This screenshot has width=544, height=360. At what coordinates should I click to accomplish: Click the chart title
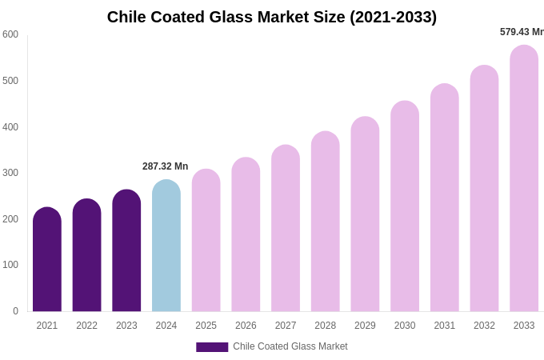[x=272, y=17]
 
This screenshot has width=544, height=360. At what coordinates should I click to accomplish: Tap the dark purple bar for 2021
[x=47, y=259]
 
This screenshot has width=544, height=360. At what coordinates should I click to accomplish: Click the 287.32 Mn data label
[x=165, y=166]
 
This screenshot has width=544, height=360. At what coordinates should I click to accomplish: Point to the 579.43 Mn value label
[x=522, y=32]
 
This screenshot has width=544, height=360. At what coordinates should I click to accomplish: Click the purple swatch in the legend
[x=212, y=347]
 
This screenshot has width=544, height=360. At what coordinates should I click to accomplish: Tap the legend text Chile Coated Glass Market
[x=290, y=346]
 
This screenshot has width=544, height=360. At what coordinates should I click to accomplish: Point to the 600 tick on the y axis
[x=10, y=34]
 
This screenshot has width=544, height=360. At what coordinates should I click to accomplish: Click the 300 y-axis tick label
[x=10, y=173]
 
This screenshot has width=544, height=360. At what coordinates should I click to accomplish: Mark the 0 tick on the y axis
[x=15, y=311]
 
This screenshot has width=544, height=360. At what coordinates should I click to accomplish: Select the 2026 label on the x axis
[x=246, y=326]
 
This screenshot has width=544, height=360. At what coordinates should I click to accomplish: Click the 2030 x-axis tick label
[x=405, y=326]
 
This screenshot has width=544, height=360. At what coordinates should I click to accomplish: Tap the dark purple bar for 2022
[x=87, y=255]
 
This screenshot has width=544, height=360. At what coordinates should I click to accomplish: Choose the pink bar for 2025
[x=206, y=240]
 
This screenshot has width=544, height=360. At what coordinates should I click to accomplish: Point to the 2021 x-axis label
[x=47, y=326]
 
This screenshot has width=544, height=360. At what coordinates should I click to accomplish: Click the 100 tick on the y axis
[x=10, y=265]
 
